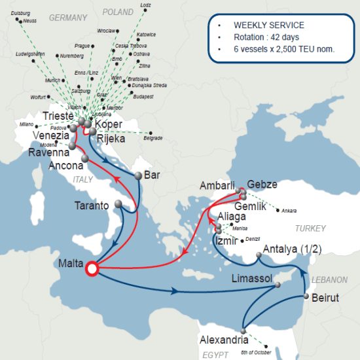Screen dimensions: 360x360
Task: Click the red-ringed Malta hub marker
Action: click(92, 268)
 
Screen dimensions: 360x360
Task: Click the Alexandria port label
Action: click(224, 340)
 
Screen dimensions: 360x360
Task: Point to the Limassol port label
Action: click(253, 279)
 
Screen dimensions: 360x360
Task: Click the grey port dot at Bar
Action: click(138, 176)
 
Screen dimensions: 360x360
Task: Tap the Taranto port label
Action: click(92, 205)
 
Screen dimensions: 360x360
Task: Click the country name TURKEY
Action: click(310, 228)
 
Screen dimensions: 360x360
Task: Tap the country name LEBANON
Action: click(329, 279)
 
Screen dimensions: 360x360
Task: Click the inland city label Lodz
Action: click(145, 5)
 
